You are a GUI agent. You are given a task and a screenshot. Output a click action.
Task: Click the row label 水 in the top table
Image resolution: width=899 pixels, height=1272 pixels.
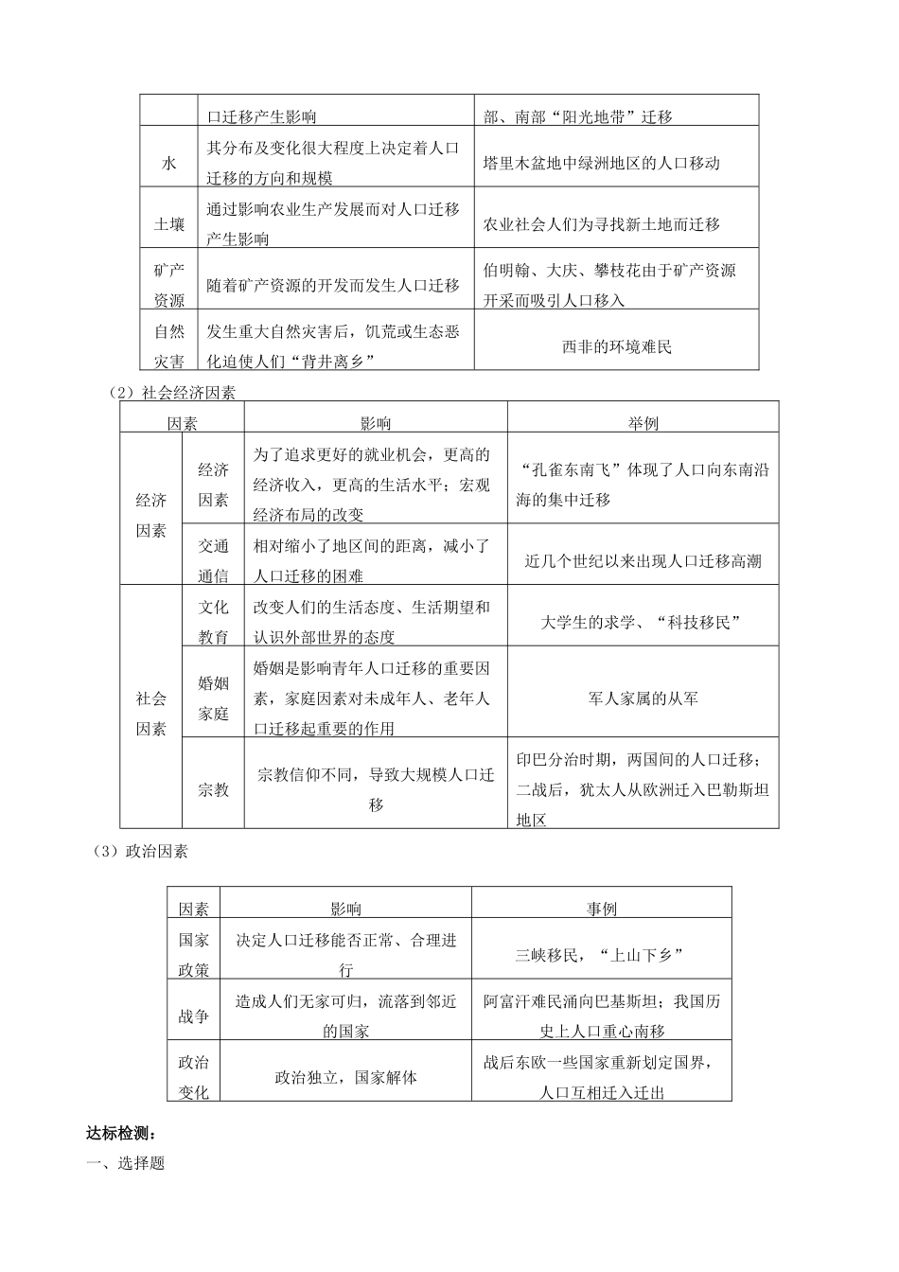(169, 163)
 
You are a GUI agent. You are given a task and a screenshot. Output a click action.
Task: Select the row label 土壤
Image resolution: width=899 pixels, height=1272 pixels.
(169, 224)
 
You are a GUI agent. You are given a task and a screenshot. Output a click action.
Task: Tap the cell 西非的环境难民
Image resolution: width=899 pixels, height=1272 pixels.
(616, 346)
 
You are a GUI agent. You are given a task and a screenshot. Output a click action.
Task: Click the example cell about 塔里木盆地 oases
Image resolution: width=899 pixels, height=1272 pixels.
(602, 163)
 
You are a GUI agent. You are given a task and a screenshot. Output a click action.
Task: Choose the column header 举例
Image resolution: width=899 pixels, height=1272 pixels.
(643, 424)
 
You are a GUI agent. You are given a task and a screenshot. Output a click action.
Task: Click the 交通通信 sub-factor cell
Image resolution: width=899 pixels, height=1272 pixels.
(213, 560)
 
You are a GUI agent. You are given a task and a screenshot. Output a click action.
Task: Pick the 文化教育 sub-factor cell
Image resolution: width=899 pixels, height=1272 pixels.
(213, 622)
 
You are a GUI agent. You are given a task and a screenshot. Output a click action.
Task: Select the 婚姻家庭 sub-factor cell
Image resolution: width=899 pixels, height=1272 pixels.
(213, 698)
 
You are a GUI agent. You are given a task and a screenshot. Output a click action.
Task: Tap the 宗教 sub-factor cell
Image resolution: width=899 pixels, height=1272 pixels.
(213, 789)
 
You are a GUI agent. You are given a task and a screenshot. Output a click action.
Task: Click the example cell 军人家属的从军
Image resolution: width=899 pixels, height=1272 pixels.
(643, 698)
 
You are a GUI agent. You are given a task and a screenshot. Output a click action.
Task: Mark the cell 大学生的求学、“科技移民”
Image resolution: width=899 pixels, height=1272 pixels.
(643, 622)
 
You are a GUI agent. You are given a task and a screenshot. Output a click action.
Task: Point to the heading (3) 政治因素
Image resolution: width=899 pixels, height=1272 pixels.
(142, 851)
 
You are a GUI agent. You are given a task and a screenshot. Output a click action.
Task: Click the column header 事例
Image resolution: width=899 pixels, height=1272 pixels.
(602, 909)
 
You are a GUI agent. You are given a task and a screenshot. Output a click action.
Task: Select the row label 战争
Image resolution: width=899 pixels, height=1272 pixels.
(194, 1016)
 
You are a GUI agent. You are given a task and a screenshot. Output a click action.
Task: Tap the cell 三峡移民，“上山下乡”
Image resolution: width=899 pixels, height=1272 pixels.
(602, 955)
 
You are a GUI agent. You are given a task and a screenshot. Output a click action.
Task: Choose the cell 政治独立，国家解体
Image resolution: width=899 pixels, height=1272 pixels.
(346, 1077)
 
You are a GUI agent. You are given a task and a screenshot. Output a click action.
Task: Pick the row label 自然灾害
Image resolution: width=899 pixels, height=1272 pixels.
(169, 346)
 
